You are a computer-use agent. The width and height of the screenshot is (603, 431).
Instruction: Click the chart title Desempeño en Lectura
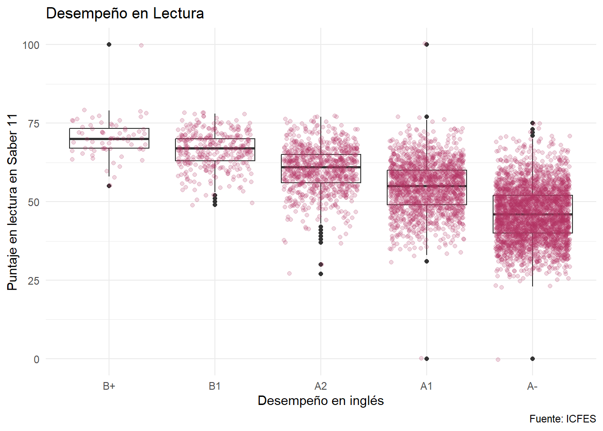(125, 13)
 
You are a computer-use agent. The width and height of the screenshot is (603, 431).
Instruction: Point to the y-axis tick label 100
(31, 45)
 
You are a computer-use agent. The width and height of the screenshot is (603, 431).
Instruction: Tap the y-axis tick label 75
(34, 123)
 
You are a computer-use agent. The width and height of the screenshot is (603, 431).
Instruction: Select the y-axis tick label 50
(34, 202)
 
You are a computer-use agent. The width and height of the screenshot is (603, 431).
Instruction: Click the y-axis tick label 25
(34, 281)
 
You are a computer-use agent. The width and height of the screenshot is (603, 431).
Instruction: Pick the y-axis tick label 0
(36, 359)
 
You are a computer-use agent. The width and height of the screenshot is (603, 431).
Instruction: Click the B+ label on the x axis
(109, 386)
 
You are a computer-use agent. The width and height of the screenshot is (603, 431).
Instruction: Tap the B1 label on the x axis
(215, 386)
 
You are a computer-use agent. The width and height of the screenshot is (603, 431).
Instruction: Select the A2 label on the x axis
(321, 386)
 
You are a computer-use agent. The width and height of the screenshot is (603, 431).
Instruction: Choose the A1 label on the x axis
(427, 386)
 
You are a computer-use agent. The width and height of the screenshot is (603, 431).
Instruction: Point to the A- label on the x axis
(533, 386)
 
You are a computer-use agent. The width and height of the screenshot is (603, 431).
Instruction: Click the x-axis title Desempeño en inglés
(321, 400)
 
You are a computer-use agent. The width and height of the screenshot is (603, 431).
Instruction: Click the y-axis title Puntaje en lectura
(13, 202)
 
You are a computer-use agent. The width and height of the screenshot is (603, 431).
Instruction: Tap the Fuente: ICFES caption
(563, 419)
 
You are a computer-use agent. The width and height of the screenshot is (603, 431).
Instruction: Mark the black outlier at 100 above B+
(109, 44)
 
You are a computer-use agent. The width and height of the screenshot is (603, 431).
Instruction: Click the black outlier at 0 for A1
(427, 359)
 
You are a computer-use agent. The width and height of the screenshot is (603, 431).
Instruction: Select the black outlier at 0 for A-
(533, 359)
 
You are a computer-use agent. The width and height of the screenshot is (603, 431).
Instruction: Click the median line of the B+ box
(109, 139)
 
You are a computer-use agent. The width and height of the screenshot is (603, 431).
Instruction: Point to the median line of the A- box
(533, 215)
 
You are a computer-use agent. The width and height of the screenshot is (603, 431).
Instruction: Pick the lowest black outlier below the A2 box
(321, 274)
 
